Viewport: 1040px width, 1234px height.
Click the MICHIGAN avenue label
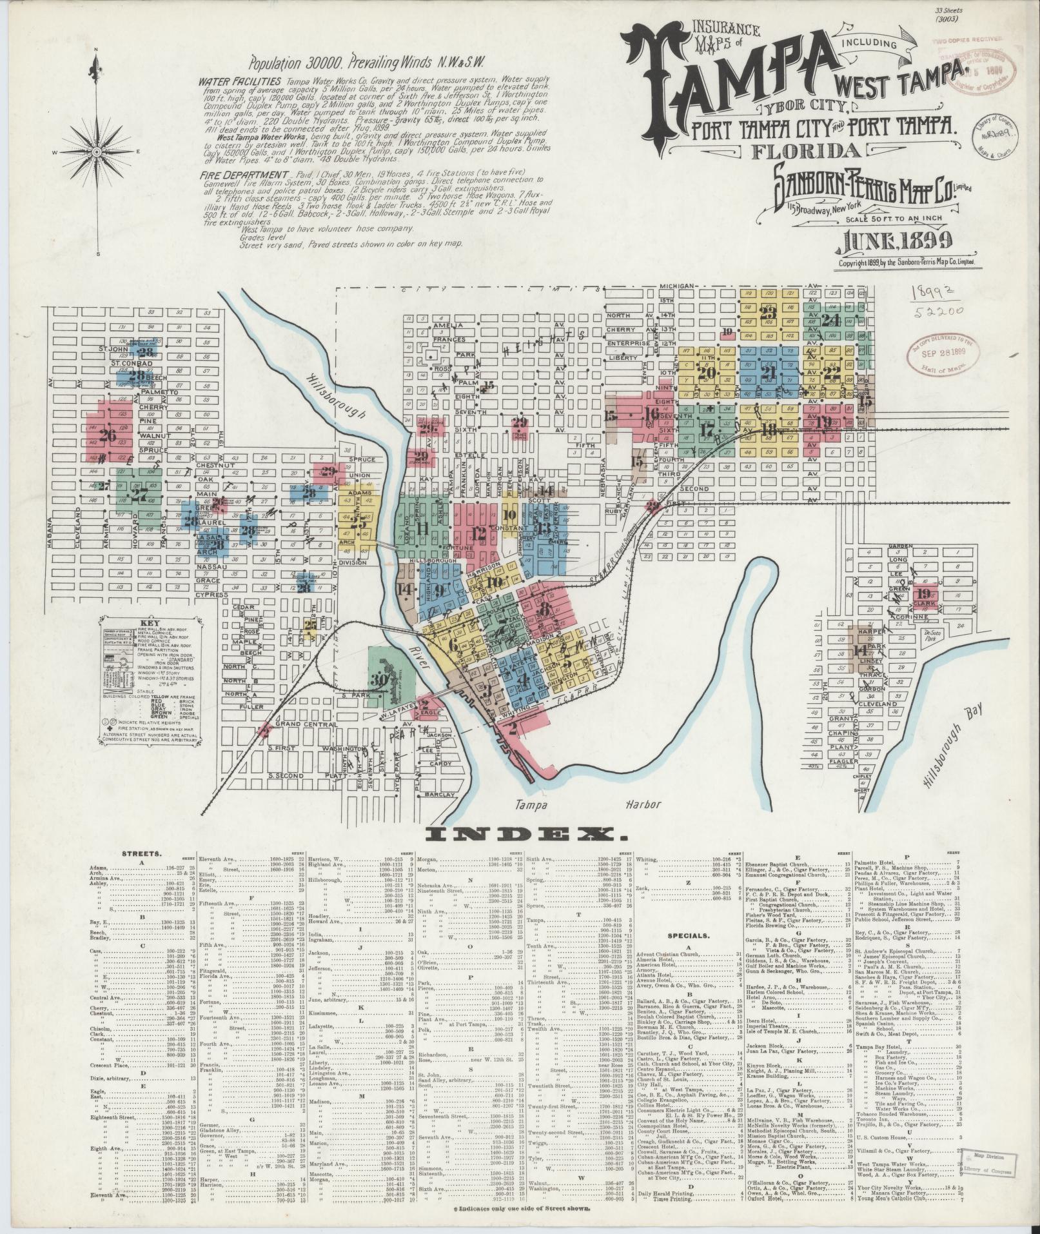pos(676,286)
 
